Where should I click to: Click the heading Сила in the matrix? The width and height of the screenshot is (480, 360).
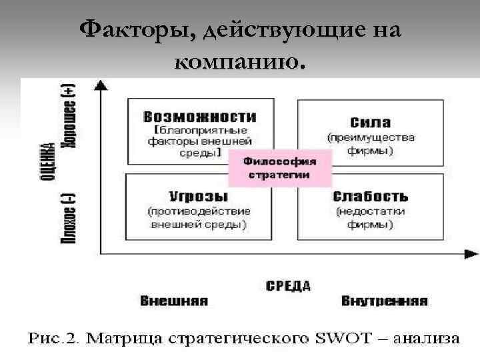tap(370, 123)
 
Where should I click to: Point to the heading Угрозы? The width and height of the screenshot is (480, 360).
tap(198, 197)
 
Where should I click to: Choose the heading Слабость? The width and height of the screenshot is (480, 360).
tap(370, 197)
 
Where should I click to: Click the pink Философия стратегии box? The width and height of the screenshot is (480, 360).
tap(279, 167)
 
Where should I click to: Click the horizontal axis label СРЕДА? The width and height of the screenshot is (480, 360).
tap(288, 286)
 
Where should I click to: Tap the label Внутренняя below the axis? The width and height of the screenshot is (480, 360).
tap(384, 301)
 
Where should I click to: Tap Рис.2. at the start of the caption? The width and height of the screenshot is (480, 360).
tap(53, 338)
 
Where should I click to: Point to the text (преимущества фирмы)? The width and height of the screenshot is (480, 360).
tap(370, 144)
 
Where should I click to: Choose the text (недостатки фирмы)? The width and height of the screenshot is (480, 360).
tap(370, 218)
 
